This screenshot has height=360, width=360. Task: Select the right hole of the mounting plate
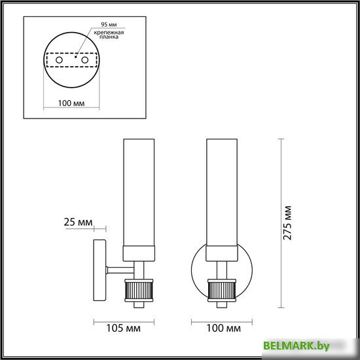[x=84, y=60]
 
